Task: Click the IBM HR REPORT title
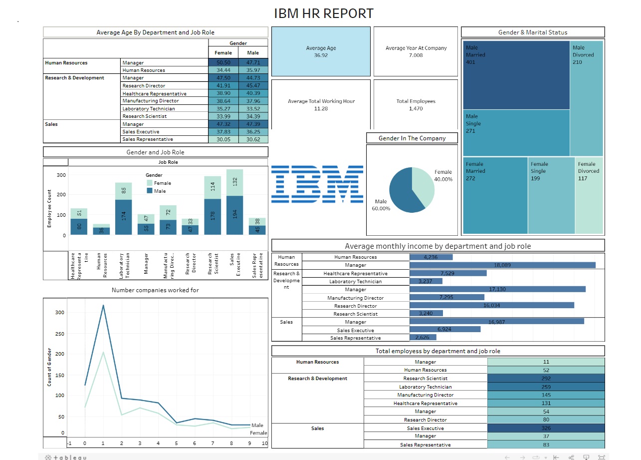[x=323, y=13]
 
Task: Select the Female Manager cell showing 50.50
[x=223, y=62]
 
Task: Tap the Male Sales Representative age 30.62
[x=253, y=139]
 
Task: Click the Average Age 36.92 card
[x=321, y=51]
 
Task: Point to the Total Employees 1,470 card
[x=416, y=104]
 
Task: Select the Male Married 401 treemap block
[x=516, y=75]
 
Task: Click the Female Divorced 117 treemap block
[x=589, y=195]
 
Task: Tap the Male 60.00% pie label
[x=381, y=205]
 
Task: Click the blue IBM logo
[x=317, y=184]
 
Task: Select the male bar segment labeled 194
[x=235, y=215]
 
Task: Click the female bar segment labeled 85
[x=124, y=191]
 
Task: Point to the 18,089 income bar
[x=502, y=265]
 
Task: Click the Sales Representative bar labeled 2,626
[x=423, y=338]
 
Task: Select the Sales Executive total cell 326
[x=546, y=428]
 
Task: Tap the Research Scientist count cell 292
[x=546, y=379]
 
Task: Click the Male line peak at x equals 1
[x=103, y=305]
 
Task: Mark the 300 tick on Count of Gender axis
[x=59, y=312]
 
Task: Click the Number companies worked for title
[x=155, y=290]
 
